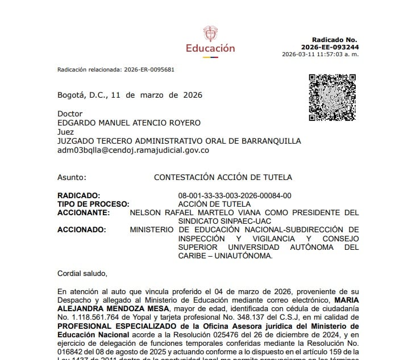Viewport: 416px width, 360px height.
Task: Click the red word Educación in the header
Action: (210, 48)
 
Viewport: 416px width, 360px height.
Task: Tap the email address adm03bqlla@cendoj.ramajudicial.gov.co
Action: (134, 150)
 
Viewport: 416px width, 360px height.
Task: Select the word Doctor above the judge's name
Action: (70, 114)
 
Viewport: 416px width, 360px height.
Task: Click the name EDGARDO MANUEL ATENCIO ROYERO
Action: (129, 123)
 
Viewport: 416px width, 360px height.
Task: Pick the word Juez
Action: (65, 132)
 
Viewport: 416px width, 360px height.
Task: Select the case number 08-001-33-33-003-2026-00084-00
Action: (235, 195)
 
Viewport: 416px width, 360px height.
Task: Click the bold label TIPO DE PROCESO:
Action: (93, 204)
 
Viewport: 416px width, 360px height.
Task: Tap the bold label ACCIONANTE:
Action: (84, 213)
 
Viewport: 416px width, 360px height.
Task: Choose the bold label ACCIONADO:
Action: (82, 229)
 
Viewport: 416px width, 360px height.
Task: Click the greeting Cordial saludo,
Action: (82, 273)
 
